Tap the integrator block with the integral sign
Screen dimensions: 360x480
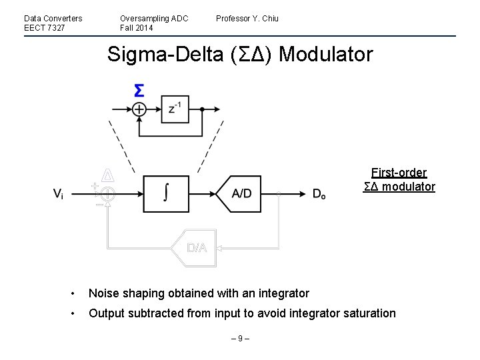coord(165,193)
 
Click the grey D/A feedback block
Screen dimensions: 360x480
coord(196,247)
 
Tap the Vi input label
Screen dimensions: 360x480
coord(59,194)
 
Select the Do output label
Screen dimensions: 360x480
coord(319,194)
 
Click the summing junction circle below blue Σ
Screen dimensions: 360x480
coord(139,109)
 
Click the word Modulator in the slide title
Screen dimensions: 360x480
coord(326,54)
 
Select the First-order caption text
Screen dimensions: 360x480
coord(399,173)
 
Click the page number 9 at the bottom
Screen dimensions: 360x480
coord(240,339)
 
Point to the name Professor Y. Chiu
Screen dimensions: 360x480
coord(247,19)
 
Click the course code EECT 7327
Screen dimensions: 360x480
coord(45,28)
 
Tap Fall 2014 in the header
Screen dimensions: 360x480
coord(136,28)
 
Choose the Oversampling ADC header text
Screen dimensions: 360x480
coord(154,19)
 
